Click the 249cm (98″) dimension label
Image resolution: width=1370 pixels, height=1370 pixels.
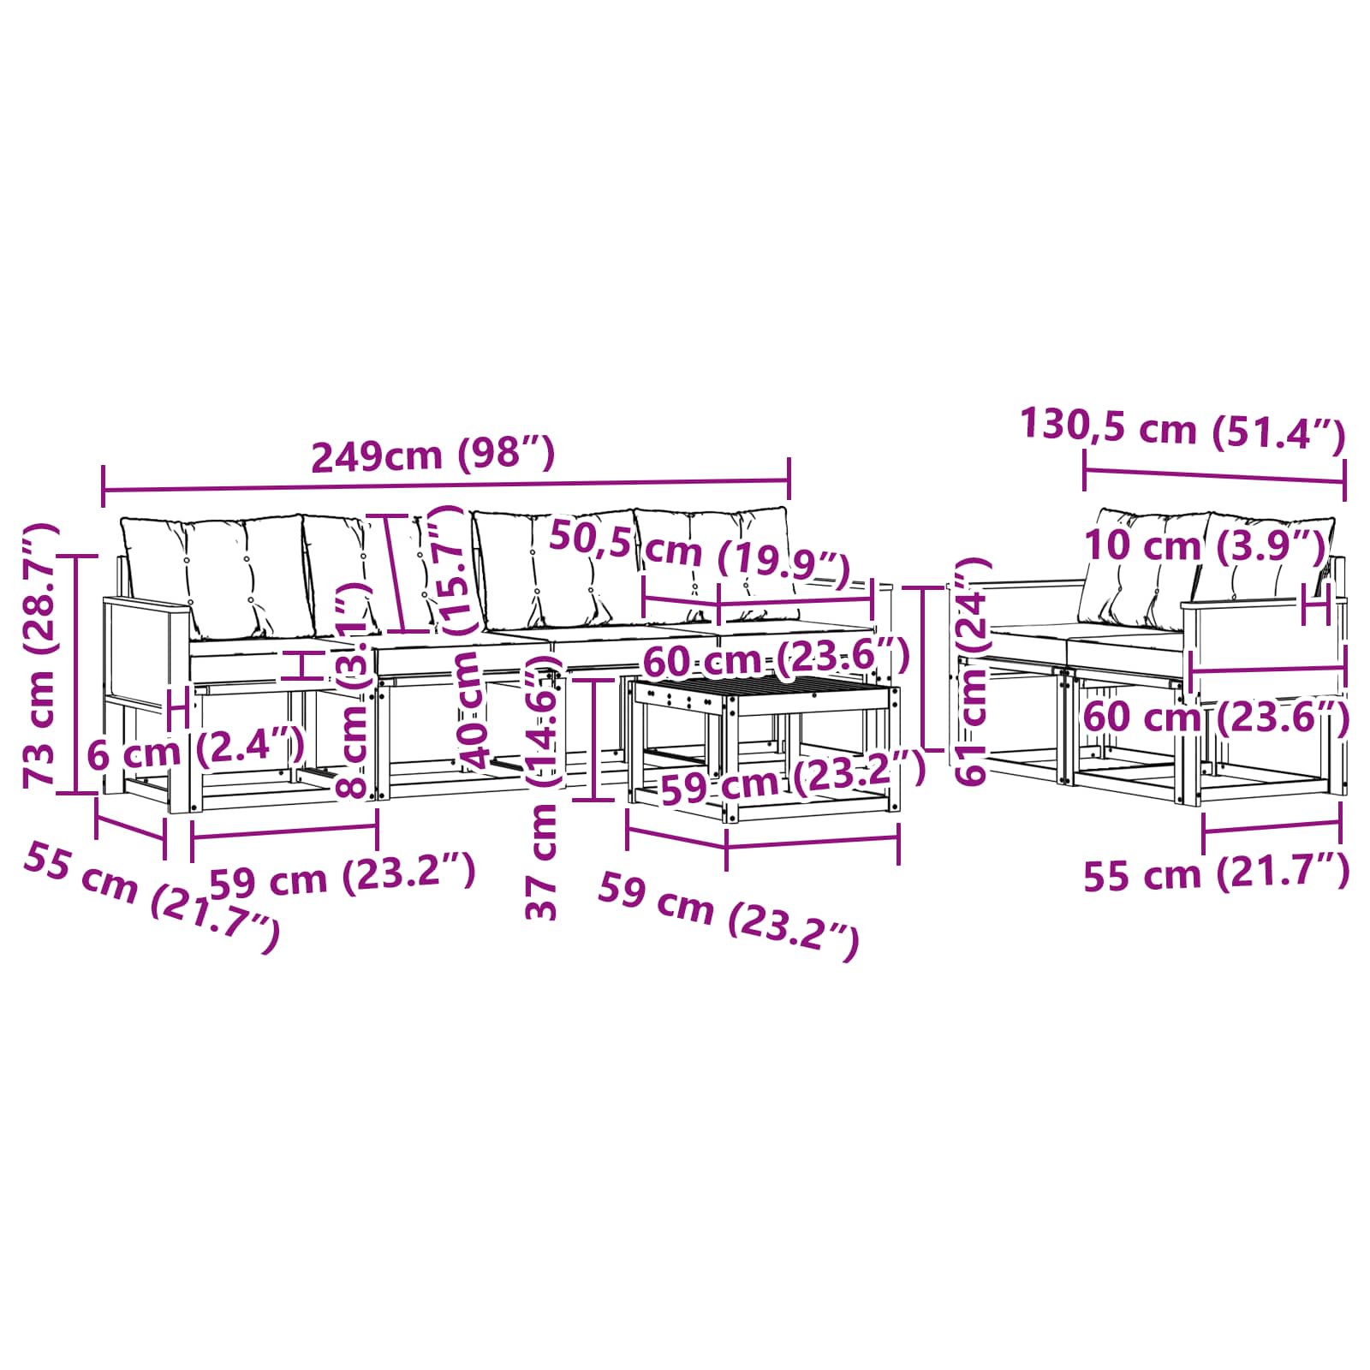pos(433,455)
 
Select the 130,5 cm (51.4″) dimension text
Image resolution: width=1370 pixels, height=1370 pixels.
pos(1183,428)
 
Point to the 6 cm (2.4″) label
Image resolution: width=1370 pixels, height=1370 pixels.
pos(196,752)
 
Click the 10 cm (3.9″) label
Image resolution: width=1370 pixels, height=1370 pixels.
pos(1205,545)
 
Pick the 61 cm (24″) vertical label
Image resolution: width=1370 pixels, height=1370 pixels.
pos(972,670)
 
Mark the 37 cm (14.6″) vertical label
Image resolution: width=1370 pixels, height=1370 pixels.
pos(543,789)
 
